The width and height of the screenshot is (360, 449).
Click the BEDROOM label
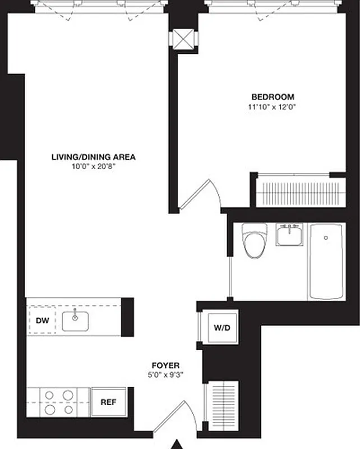point(272,97)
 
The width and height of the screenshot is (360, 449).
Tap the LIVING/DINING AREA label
point(93,157)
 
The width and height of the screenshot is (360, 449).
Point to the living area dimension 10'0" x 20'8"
point(93,166)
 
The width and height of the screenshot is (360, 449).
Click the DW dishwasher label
point(43,321)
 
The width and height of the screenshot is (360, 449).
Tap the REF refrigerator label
point(108,402)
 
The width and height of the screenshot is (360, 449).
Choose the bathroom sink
point(289,234)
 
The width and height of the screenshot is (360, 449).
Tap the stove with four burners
point(59,402)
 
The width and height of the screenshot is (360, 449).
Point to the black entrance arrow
point(178,445)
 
